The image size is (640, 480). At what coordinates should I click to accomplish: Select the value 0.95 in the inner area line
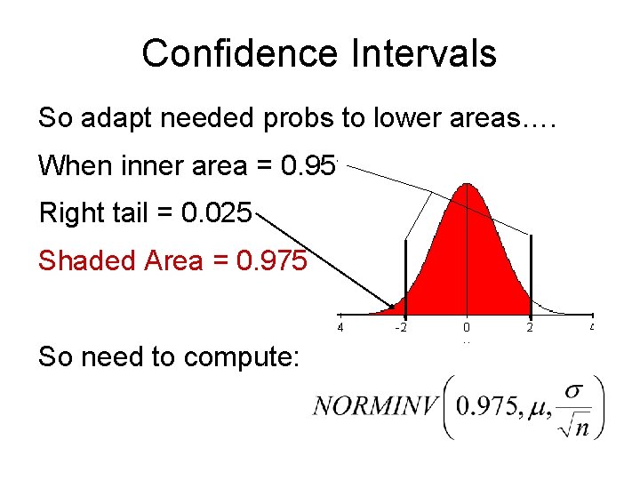coord(308,165)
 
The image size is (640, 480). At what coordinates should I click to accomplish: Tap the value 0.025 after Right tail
coord(217,213)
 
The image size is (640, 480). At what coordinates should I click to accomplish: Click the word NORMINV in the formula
coord(376,406)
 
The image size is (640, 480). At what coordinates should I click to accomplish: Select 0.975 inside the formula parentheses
coord(485,406)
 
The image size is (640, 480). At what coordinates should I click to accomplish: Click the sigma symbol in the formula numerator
coord(575,390)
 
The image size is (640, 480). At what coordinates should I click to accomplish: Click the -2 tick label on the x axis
coord(403,327)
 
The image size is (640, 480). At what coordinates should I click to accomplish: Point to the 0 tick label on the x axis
coord(467,327)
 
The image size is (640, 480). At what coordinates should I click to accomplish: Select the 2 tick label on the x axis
coord(531,327)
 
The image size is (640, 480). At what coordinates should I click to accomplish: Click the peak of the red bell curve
coord(467,186)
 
